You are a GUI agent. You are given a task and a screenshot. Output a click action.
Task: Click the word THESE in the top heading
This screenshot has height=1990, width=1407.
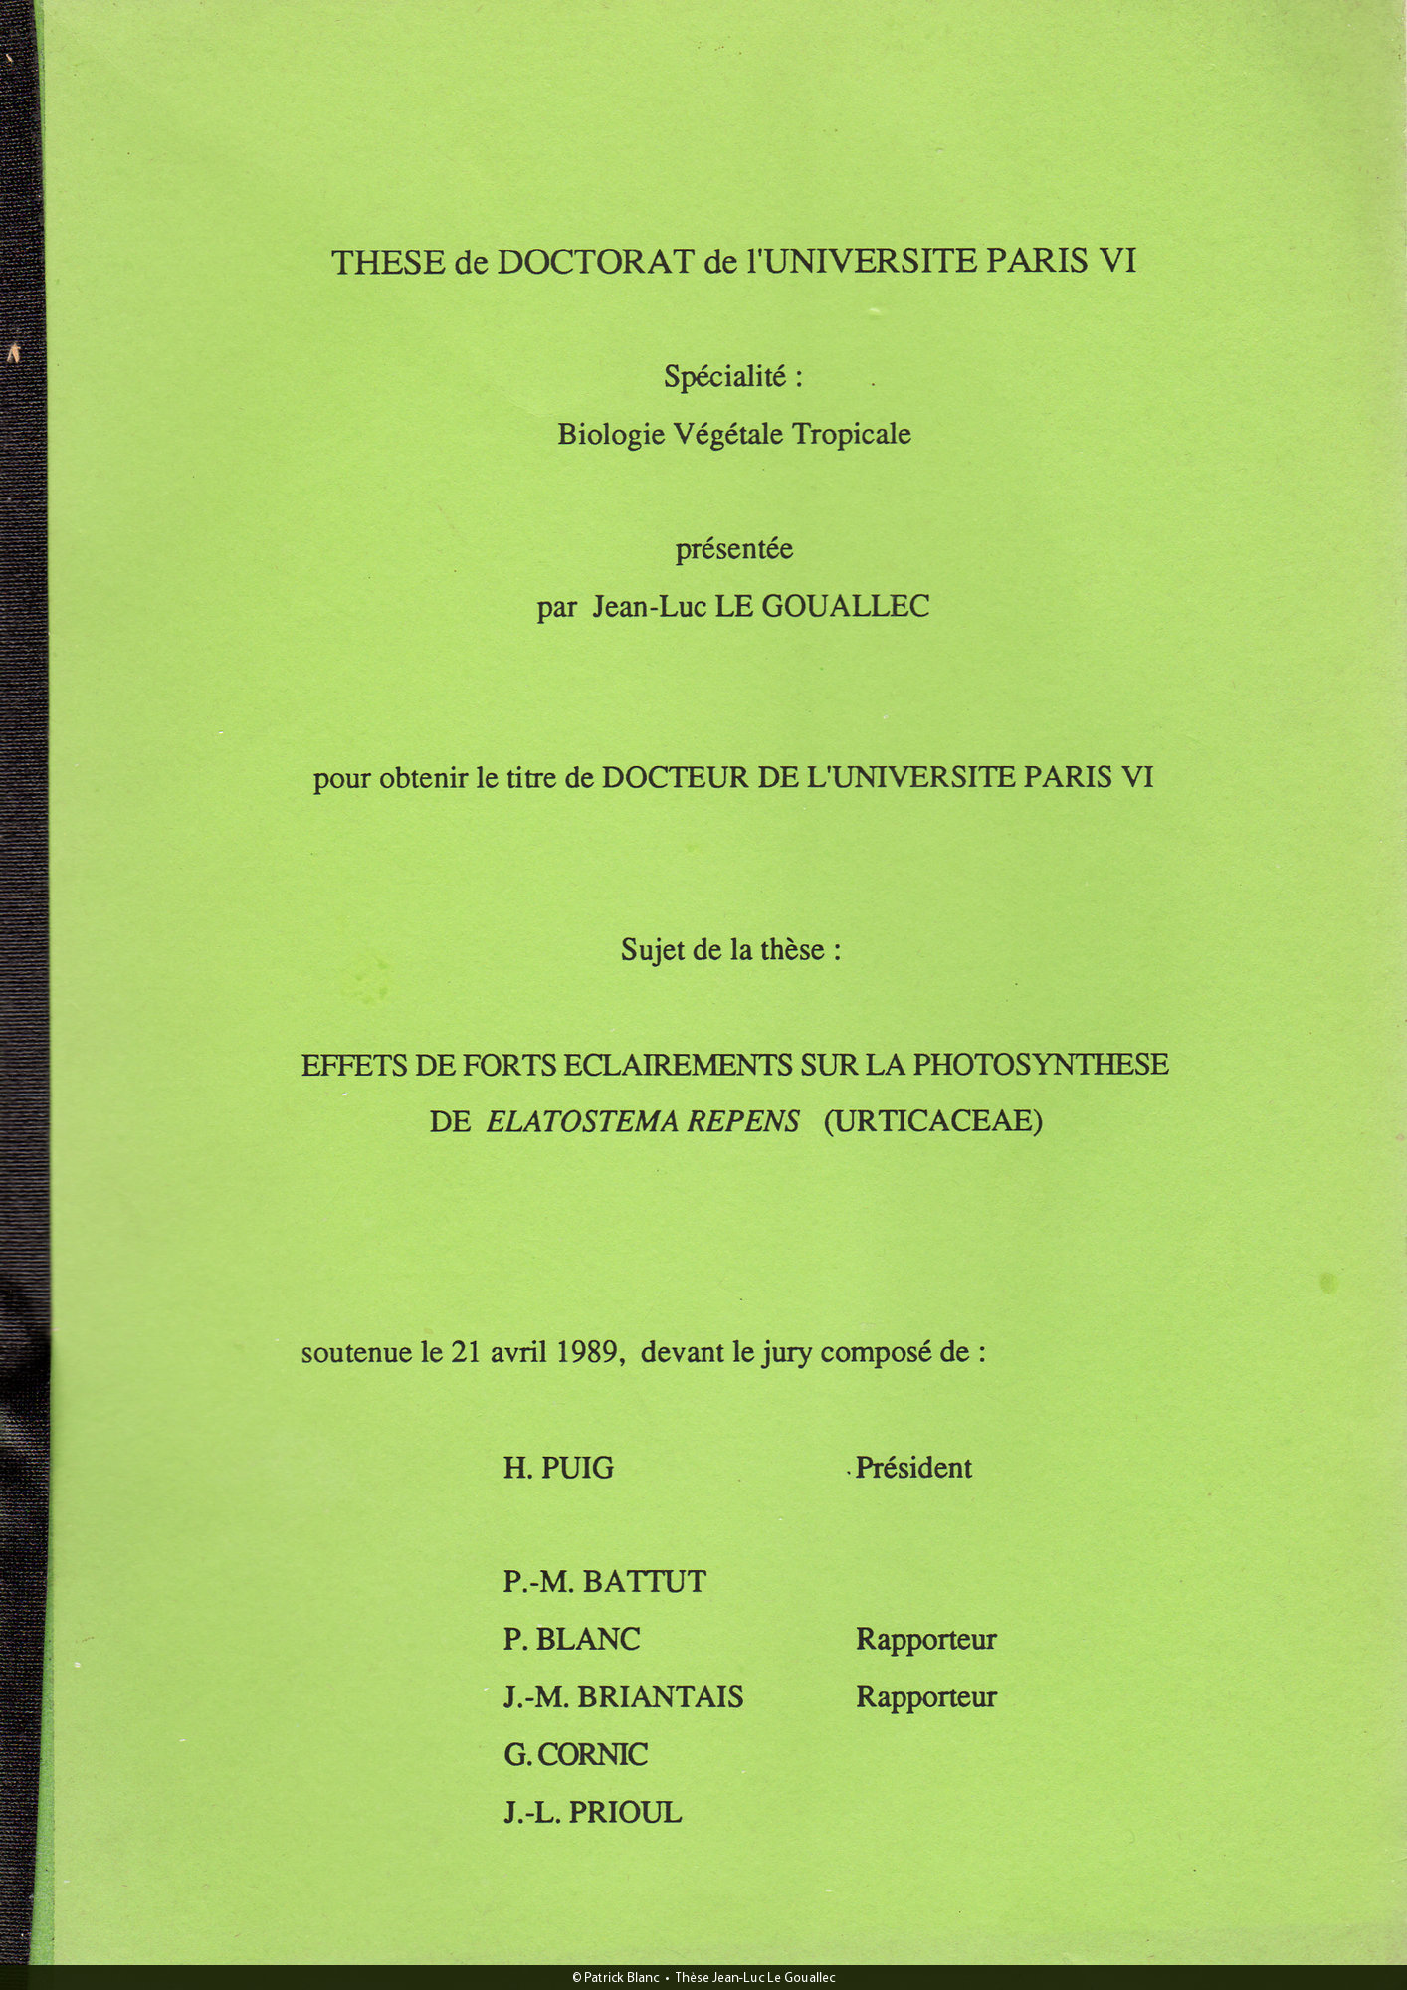tap(388, 262)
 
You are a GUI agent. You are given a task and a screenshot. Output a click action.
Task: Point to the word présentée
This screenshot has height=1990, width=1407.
tap(734, 549)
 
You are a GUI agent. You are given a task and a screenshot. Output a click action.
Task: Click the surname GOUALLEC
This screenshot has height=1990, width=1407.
tap(845, 606)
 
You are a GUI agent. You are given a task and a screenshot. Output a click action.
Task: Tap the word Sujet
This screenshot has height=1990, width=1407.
tap(653, 950)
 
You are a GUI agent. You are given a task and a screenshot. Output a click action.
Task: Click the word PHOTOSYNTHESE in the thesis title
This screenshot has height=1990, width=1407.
tap(1040, 1065)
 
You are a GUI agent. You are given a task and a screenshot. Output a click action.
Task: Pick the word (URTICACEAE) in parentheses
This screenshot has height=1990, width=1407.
tap(932, 1121)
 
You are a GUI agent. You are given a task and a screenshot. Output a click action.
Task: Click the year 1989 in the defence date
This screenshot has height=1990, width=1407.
tap(587, 1352)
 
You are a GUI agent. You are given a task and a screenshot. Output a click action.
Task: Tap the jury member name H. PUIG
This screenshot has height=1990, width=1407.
tap(558, 1468)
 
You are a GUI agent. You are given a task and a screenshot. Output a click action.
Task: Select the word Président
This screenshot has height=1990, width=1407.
tap(912, 1468)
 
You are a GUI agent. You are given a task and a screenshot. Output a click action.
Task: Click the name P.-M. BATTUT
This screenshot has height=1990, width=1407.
tap(604, 1582)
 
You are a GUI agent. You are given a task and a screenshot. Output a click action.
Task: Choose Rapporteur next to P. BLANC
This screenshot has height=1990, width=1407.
tap(925, 1639)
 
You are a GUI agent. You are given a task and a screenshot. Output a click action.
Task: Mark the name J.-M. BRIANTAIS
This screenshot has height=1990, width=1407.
tap(623, 1696)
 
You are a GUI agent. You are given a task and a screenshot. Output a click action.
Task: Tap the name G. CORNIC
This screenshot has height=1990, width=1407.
tap(575, 1754)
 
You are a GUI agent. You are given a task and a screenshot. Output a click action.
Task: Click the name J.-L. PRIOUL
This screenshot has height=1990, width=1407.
tap(592, 1812)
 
